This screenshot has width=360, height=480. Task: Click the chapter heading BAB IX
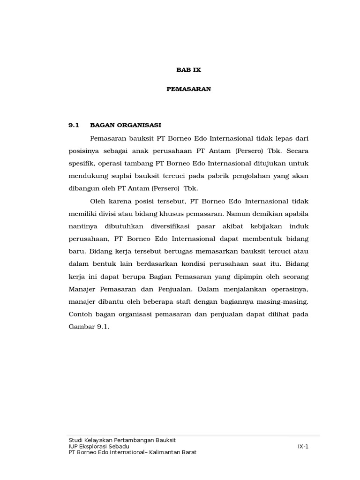[188, 69]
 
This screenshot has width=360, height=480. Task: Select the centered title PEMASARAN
[188, 89]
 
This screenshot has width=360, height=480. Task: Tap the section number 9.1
[75, 125]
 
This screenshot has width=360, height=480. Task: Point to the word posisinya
[83, 151]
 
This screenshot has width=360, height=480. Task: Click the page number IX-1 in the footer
[303, 446]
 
